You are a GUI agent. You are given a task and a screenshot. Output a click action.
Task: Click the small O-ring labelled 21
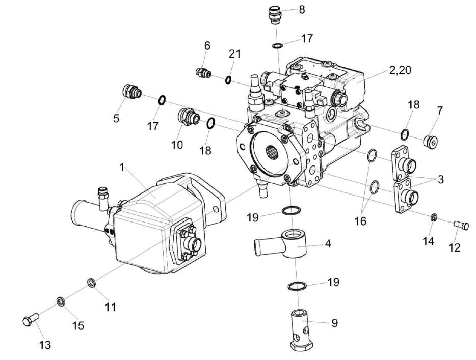tap(229, 79)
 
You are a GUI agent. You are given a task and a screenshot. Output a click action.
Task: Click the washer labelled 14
tap(433, 218)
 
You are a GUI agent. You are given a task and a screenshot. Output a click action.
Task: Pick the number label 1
tap(122, 166)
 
